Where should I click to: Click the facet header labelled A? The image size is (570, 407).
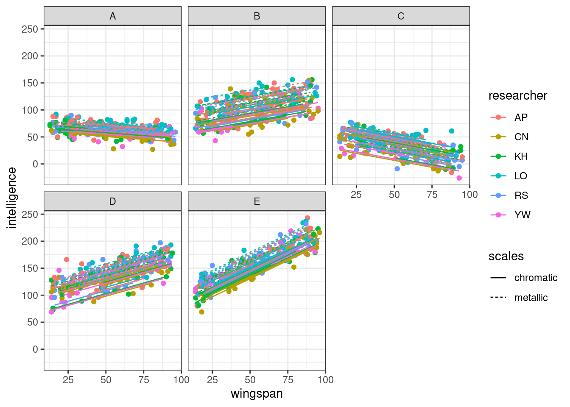pyautogui.click(x=112, y=16)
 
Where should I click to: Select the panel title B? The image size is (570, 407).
pyautogui.click(x=257, y=16)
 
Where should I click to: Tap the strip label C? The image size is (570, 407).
pyautogui.click(x=401, y=16)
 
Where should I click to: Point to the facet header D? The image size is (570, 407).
pyautogui.click(x=112, y=201)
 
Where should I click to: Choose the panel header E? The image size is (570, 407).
pyautogui.click(x=257, y=201)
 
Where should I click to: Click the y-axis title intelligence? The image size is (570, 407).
pyautogui.click(x=12, y=198)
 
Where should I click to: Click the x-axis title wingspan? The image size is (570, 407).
pyautogui.click(x=257, y=394)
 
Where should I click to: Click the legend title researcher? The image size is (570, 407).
pyautogui.click(x=517, y=96)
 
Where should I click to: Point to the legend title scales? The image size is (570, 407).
pyautogui.click(x=506, y=256)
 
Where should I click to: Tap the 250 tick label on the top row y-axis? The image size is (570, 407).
pyautogui.click(x=30, y=29)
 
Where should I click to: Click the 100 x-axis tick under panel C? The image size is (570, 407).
pyautogui.click(x=469, y=195)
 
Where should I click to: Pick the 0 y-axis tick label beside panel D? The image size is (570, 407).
pyautogui.click(x=35, y=349)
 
